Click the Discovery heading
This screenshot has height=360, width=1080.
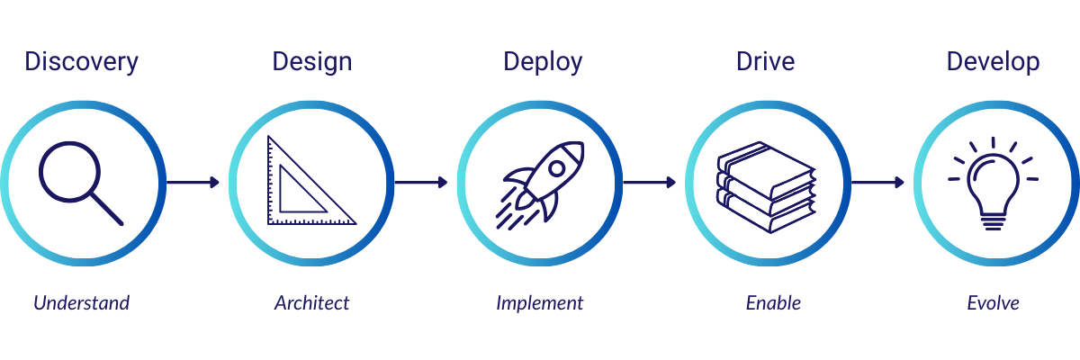click(82, 62)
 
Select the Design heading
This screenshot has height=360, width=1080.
click(312, 62)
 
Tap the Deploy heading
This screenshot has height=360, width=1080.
click(543, 62)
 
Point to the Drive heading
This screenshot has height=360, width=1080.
click(766, 62)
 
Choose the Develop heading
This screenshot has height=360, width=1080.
click(993, 62)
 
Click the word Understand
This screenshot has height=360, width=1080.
click(82, 302)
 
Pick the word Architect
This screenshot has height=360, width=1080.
click(311, 302)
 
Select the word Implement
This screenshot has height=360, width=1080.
click(540, 302)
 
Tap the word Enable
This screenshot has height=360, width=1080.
click(773, 302)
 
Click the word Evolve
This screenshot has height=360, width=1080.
click(993, 302)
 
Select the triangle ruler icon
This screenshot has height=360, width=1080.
click(309, 182)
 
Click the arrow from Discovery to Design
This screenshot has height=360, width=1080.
click(193, 183)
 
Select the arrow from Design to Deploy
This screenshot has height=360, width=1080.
click(421, 183)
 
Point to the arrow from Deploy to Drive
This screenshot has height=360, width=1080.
click(650, 183)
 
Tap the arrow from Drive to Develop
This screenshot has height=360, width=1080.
click(878, 183)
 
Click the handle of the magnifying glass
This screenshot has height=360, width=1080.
click(107, 209)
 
